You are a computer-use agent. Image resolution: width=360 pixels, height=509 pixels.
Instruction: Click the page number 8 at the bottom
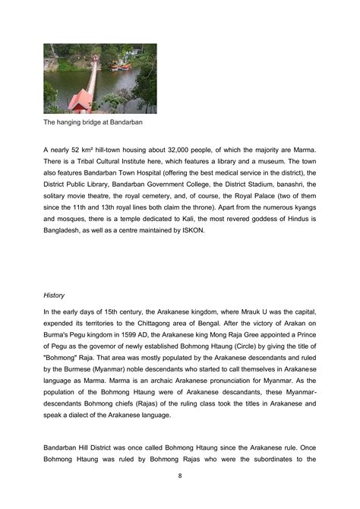click(179, 476)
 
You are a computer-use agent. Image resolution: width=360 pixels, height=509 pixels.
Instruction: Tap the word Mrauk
click(252, 311)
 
